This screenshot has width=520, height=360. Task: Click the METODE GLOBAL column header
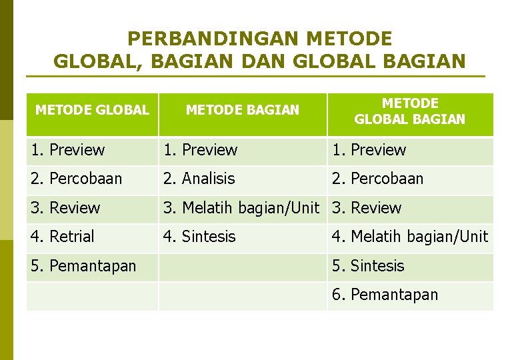pos(92,110)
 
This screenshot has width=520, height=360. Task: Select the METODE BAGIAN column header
pos(243,110)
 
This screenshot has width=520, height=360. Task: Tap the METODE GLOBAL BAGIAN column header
pos(409,111)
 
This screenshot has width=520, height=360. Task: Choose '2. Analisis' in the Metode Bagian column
pos(199,179)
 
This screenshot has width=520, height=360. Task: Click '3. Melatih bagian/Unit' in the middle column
pos(241,208)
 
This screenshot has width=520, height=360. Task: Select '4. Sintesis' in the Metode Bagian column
pos(200,237)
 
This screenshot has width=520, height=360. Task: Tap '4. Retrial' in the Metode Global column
pos(63,237)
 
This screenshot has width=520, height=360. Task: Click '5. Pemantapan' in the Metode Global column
pos(83,266)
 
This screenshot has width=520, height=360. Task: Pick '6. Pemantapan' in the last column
pos(385,295)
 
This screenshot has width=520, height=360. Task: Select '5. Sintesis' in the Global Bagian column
pos(368,266)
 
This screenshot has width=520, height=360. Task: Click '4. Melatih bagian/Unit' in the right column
pos(410,237)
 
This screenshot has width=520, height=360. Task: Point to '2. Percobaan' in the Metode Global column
pos(76,179)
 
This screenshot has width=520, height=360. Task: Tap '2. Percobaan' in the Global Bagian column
pos(377,179)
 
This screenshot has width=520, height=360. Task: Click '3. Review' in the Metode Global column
pos(65,208)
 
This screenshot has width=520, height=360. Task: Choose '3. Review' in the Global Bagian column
pos(367,208)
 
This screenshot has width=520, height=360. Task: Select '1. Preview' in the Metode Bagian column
pos(201,150)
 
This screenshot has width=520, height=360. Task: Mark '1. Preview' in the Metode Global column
pos(68,150)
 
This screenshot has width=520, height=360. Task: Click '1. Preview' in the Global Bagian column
pos(369,150)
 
